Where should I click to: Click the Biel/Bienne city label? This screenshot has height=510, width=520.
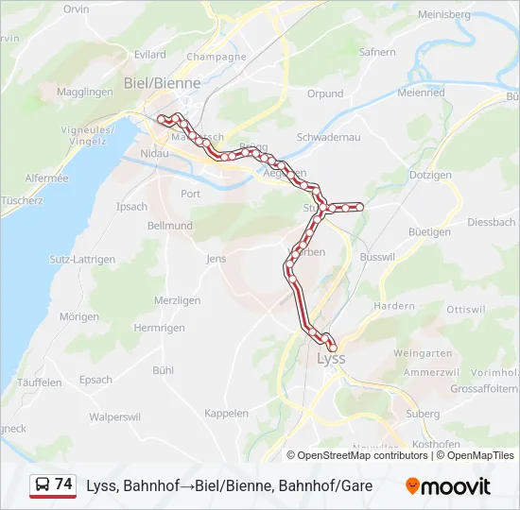pos(163,83)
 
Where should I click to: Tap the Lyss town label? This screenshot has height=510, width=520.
pos(331,359)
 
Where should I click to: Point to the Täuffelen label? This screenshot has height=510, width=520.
pos(40,382)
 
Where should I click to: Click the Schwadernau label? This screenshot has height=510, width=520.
pos(329,137)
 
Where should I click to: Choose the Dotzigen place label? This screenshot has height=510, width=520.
pos(431,176)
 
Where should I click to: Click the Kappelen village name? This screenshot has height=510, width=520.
pos(226,414)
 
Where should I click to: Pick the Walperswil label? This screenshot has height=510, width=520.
pos(115,416)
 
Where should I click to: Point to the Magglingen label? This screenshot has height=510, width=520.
pos(84,93)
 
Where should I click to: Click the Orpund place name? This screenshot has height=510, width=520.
pos(325,94)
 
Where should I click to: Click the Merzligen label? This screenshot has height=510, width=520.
pos(178,300)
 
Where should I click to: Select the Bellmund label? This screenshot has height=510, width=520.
pos(170,227)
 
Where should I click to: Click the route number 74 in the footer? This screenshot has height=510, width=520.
pos(63,484)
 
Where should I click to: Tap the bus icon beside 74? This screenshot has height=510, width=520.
pos(42,485)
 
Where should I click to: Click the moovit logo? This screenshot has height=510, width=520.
pos(448,486)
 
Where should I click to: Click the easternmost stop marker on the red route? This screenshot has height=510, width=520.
pos(359,206)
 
